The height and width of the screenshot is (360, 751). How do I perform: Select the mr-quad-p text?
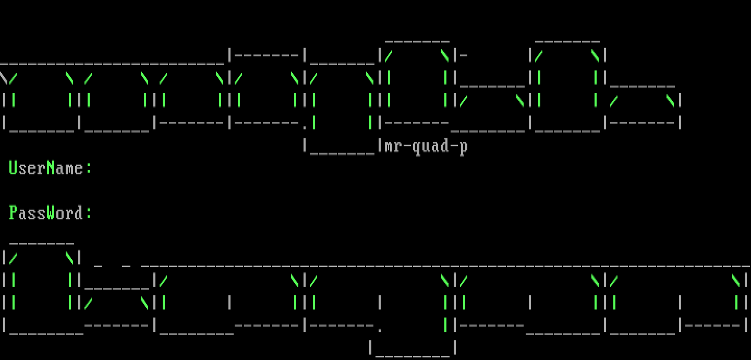(x=426, y=147)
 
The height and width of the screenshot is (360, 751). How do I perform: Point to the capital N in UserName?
(x=51, y=168)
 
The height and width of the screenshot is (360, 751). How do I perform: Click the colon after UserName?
(x=88, y=169)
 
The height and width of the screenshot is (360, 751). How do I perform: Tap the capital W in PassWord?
(x=51, y=213)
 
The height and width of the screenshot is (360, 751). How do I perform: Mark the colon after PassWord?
(x=88, y=214)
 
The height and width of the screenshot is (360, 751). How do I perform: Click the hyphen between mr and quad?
(x=407, y=147)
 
